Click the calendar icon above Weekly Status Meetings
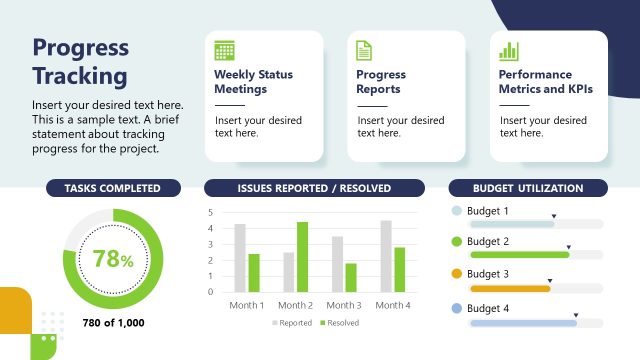(224, 51)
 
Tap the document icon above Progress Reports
(365, 51)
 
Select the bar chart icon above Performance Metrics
(509, 51)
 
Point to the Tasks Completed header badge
(112, 188)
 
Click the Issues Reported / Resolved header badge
(314, 188)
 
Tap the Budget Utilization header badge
(527, 188)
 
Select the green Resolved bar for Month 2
(302, 257)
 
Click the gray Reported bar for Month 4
(386, 256)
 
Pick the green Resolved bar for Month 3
(350, 277)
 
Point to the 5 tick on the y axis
(210, 213)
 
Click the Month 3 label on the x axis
(344, 305)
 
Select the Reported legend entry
(293, 323)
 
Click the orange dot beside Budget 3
(457, 274)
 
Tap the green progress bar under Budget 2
(519, 255)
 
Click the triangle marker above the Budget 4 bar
(575, 311)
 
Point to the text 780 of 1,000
(112, 322)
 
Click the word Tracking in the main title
(80, 76)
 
